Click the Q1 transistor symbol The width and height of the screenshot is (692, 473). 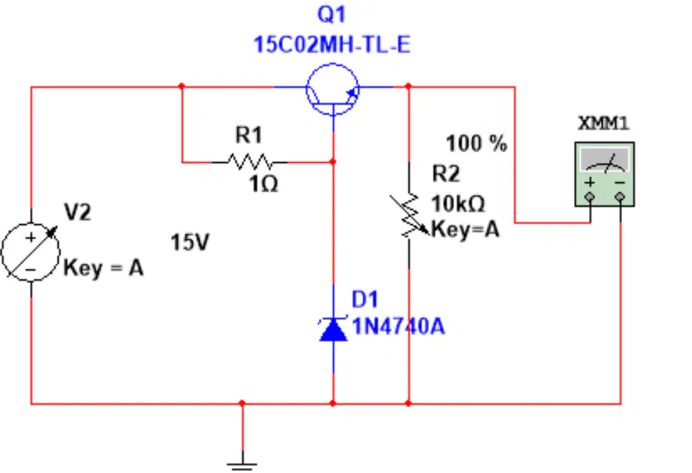332,89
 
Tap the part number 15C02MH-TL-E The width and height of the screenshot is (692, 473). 332,45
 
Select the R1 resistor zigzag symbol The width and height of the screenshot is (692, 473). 249,162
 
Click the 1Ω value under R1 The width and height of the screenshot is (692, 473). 264,184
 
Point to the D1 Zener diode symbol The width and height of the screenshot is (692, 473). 333,329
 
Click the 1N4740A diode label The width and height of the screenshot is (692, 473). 398,327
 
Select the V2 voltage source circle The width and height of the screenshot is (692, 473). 31,252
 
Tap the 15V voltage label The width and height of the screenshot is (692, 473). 189,242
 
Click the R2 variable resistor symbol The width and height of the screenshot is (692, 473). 409,215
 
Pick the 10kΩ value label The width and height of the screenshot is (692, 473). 458,204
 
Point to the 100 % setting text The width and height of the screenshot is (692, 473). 477,144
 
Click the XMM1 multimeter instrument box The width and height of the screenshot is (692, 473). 605,174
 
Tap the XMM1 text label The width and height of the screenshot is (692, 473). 603,123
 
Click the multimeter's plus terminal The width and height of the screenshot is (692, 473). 590,196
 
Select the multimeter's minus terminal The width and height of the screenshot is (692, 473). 620,196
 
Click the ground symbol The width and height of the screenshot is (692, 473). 242,464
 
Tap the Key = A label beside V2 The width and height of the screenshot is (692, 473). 103,268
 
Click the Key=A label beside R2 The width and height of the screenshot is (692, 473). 465,229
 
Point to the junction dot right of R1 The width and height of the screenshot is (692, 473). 332,162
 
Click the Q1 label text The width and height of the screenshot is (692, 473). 332,14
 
